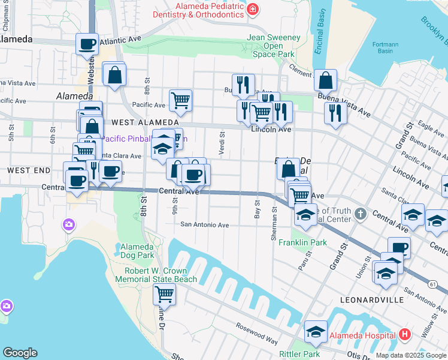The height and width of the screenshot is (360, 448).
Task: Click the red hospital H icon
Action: coord(405,334)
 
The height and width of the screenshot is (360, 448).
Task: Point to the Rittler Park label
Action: coord(300,354)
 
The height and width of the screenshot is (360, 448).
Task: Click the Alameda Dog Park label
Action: coord(137,251)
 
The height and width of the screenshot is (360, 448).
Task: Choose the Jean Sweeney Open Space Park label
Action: coord(274,46)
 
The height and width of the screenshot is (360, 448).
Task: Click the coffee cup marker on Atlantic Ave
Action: coord(87,44)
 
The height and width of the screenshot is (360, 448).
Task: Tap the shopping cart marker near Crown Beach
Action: coord(164,294)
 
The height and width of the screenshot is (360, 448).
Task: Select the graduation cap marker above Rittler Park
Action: coord(316,331)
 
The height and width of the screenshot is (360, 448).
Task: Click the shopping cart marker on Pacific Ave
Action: coord(180,100)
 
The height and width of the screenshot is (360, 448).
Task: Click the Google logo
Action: coord(20,353)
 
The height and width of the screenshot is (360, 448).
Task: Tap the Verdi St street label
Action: coord(221,144)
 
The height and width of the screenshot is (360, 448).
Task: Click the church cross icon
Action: coord(359,214)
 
